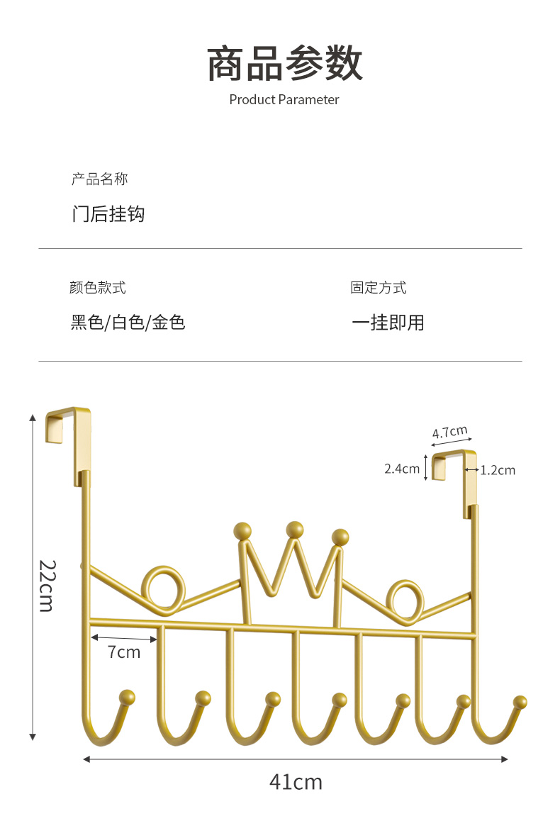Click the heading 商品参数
click(x=284, y=65)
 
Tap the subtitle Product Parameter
click(x=284, y=100)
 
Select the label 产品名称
click(x=99, y=179)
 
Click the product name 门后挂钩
click(x=108, y=213)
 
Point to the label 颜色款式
click(x=98, y=288)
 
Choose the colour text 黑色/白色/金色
click(x=128, y=323)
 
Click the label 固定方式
click(x=379, y=288)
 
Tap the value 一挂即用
click(x=388, y=323)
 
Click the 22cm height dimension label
click(x=46, y=586)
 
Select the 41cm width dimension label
click(x=296, y=782)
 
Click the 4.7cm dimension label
click(x=450, y=432)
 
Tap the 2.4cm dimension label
click(x=402, y=469)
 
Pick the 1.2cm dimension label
click(x=498, y=470)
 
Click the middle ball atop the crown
click(x=295, y=529)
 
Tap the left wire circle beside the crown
click(x=163, y=588)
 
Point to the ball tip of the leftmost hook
click(x=128, y=697)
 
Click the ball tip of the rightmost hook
click(x=520, y=703)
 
